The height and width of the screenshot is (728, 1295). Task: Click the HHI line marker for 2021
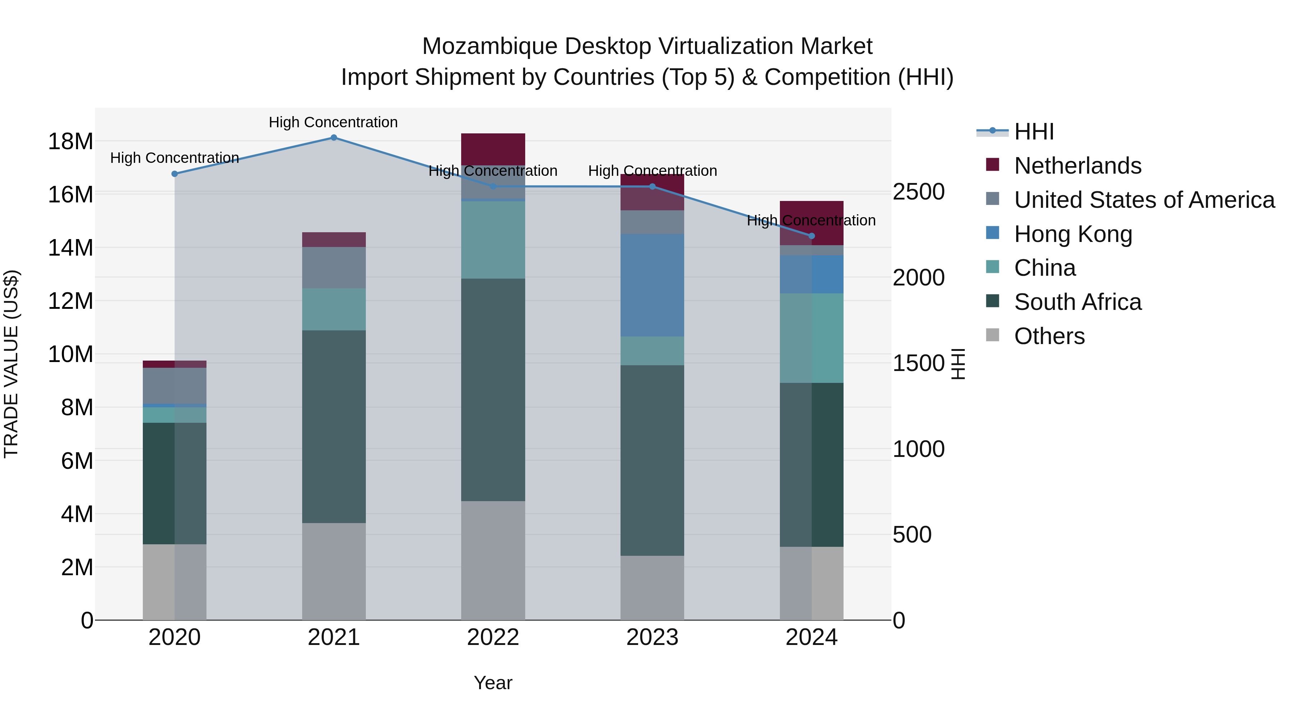[334, 138]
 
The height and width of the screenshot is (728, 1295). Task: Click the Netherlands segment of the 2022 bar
[493, 149]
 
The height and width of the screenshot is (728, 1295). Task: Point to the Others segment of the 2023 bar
[652, 587]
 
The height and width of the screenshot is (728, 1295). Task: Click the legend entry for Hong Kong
[1073, 234]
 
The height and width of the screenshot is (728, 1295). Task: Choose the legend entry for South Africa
[1077, 302]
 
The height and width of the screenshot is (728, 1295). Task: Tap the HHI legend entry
[1033, 132]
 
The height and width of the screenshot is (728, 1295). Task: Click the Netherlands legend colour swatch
[992, 165]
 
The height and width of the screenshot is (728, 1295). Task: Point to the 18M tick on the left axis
[71, 141]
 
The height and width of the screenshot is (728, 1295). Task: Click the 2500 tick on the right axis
[918, 192]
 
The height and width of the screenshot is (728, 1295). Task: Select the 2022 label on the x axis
[493, 637]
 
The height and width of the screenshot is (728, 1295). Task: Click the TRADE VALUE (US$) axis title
[11, 364]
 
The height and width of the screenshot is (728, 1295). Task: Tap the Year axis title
[493, 683]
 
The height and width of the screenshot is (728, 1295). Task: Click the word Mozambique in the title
[489, 46]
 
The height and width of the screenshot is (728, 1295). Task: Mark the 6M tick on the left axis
[77, 461]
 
